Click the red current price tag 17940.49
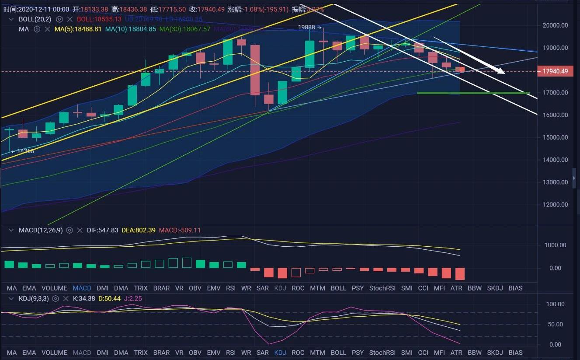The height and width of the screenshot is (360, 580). click(x=555, y=71)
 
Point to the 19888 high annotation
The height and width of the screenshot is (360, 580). click(x=307, y=27)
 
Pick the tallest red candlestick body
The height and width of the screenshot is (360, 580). click(x=255, y=70)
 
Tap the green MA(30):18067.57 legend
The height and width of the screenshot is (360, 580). click(x=184, y=29)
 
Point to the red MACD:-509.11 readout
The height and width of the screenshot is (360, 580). click(x=180, y=230)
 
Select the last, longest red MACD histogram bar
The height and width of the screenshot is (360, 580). click(x=460, y=274)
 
